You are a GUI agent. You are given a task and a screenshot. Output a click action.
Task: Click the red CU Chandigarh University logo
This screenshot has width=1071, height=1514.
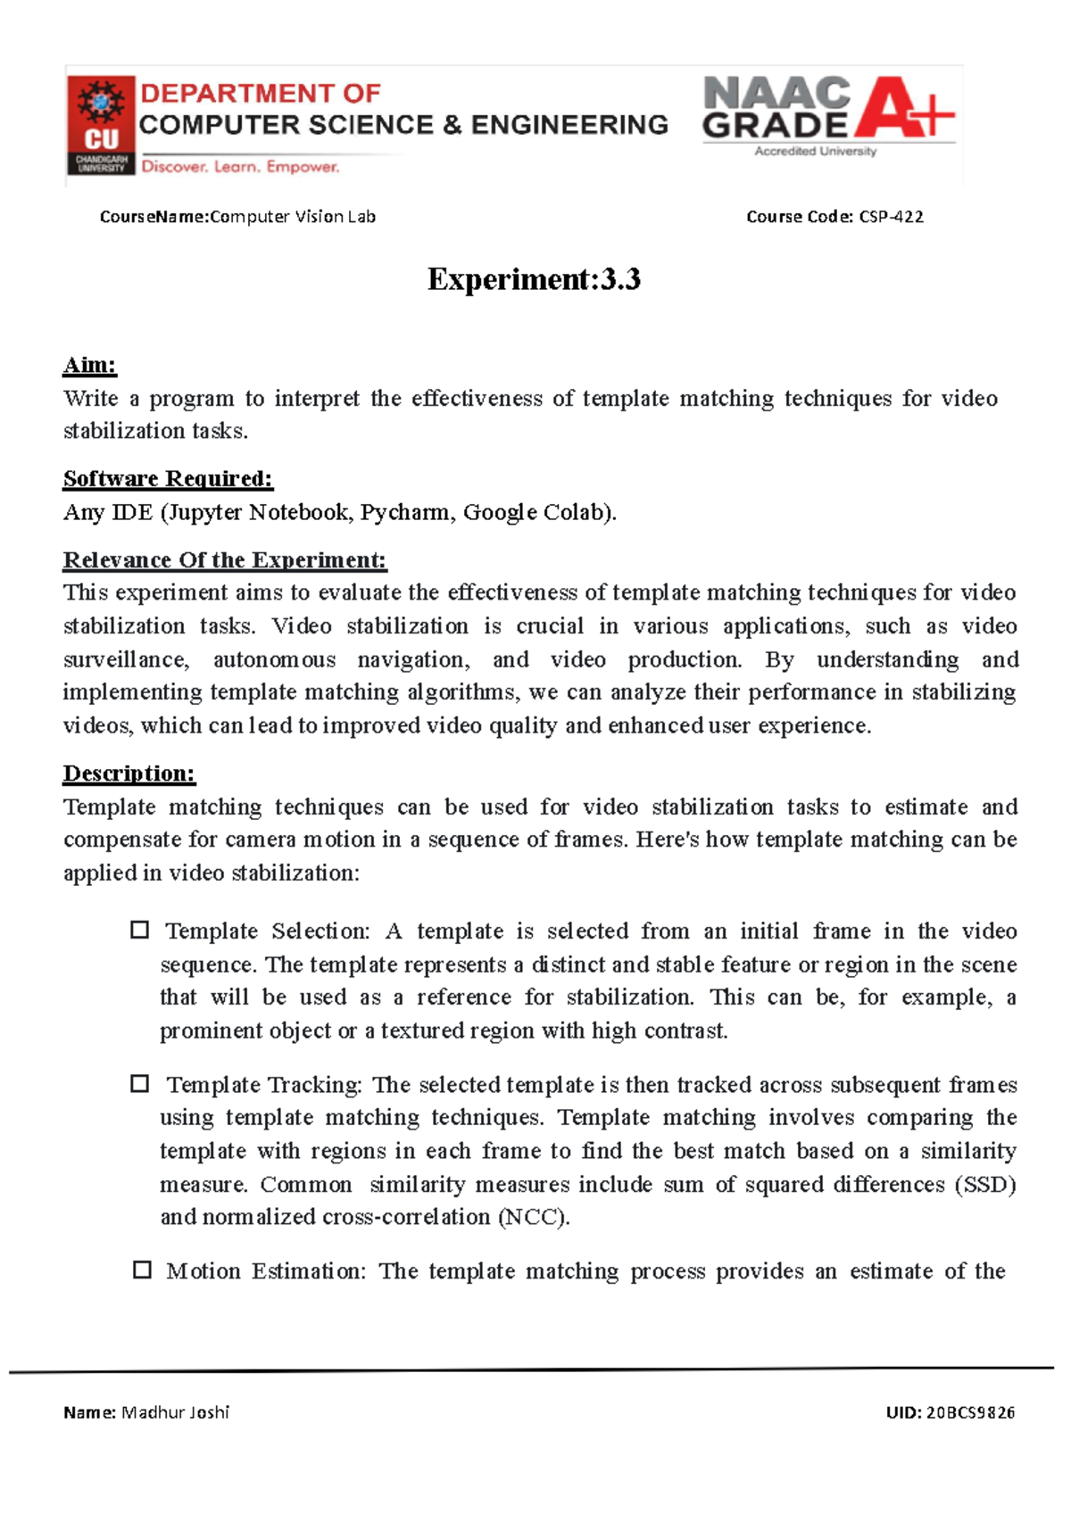[101, 125]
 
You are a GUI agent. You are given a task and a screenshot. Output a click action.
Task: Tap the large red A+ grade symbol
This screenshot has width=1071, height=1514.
[904, 109]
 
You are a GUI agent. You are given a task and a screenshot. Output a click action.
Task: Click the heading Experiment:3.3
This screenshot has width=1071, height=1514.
[534, 279]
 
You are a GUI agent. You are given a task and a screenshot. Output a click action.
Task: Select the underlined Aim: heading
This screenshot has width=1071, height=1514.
[90, 365]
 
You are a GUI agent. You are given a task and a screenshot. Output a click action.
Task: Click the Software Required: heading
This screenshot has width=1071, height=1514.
[168, 479]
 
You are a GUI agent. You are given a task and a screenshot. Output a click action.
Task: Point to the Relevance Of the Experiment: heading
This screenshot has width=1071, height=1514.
[224, 560]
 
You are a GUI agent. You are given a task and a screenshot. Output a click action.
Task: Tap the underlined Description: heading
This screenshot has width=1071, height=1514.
[129, 774]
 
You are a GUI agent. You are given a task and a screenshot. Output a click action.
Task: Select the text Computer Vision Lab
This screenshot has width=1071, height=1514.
[293, 217]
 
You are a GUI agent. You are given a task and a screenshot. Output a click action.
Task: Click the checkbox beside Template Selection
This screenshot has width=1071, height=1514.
[139, 930]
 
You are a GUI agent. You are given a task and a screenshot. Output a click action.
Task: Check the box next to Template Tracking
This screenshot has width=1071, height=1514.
[139, 1083]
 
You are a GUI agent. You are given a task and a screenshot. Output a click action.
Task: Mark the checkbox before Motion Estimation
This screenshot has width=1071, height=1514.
[141, 1270]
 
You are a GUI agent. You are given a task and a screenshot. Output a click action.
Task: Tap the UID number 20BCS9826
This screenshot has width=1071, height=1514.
[970, 1412]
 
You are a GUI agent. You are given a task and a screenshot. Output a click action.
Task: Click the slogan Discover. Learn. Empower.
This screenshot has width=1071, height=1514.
[240, 167]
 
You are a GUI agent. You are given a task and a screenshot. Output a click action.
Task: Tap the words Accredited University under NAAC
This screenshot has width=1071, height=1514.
[815, 152]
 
